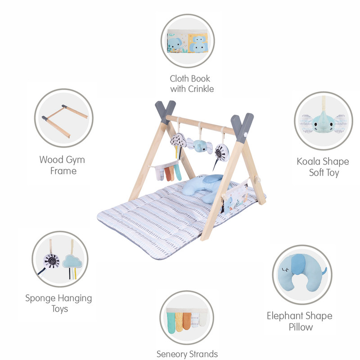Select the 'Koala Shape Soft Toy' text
(x=323, y=166)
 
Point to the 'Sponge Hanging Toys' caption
(x=58, y=303)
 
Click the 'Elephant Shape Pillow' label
(x=299, y=321)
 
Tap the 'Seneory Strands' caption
(x=187, y=354)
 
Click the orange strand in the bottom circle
(x=181, y=321)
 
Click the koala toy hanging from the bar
(x=200, y=144)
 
